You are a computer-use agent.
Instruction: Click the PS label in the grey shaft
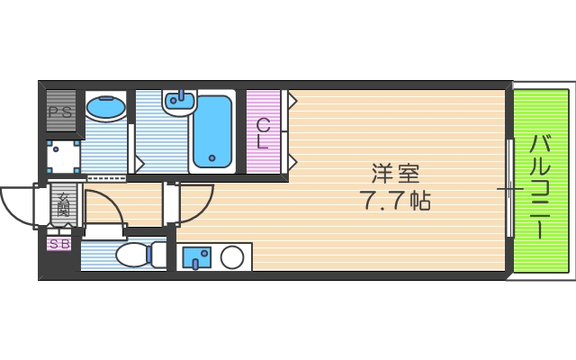(60, 112)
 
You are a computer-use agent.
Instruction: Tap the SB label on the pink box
(59, 244)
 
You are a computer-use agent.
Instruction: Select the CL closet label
(263, 133)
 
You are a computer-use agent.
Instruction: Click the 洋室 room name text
(396, 172)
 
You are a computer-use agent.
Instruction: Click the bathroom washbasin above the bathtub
(181, 103)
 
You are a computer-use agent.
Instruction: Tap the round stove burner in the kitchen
(232, 258)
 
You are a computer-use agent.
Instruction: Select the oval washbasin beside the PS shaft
(106, 108)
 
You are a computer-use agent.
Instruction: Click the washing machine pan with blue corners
(64, 158)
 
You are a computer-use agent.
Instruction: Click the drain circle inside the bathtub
(212, 158)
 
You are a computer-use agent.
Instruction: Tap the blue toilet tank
(158, 255)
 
